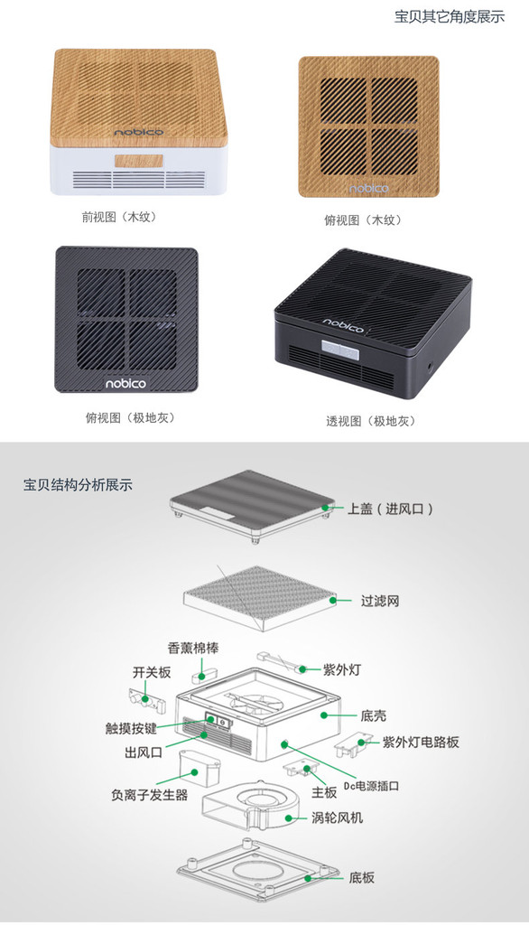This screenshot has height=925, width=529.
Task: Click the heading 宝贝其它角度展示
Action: [450, 16]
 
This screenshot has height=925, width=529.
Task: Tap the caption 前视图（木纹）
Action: [120, 217]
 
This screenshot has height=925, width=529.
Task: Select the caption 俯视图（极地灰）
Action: [131, 417]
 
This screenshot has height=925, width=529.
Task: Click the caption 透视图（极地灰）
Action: [372, 421]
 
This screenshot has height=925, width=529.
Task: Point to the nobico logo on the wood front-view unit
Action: [139, 132]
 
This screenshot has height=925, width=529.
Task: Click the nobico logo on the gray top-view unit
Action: [125, 383]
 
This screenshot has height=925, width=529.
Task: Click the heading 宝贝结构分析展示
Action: [78, 485]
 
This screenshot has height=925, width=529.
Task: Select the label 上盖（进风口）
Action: [390, 509]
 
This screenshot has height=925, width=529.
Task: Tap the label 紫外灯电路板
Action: [421, 742]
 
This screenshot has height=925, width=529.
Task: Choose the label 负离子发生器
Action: [149, 795]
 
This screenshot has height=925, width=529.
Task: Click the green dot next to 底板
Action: [307, 877]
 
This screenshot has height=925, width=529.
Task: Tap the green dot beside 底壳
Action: [323, 715]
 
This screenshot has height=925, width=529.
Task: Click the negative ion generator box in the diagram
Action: [198, 767]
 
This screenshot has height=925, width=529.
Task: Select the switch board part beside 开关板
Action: [145, 700]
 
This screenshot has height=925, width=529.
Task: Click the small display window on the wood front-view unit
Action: [139, 161]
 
